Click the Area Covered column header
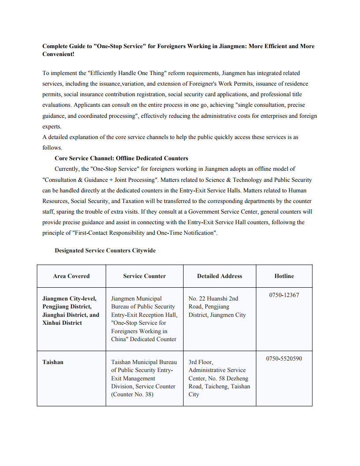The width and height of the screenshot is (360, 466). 71,276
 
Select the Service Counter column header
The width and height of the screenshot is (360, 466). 144,276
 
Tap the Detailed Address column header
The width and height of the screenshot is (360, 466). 219,276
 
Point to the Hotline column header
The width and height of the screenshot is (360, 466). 284,276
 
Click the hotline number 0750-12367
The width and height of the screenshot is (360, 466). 284,295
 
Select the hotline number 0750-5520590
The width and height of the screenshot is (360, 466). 284,358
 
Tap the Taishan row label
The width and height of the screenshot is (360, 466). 53,362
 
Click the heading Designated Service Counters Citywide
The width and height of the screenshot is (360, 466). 105,251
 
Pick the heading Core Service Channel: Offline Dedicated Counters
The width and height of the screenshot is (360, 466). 121,158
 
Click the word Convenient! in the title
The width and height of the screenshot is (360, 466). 58,54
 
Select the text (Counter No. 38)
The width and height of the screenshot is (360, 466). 132,394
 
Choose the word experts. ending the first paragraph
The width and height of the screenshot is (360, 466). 52,126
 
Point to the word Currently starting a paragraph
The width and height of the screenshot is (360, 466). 68,169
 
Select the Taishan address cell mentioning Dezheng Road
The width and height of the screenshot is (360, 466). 219,378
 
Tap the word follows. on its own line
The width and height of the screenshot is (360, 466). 52,148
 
